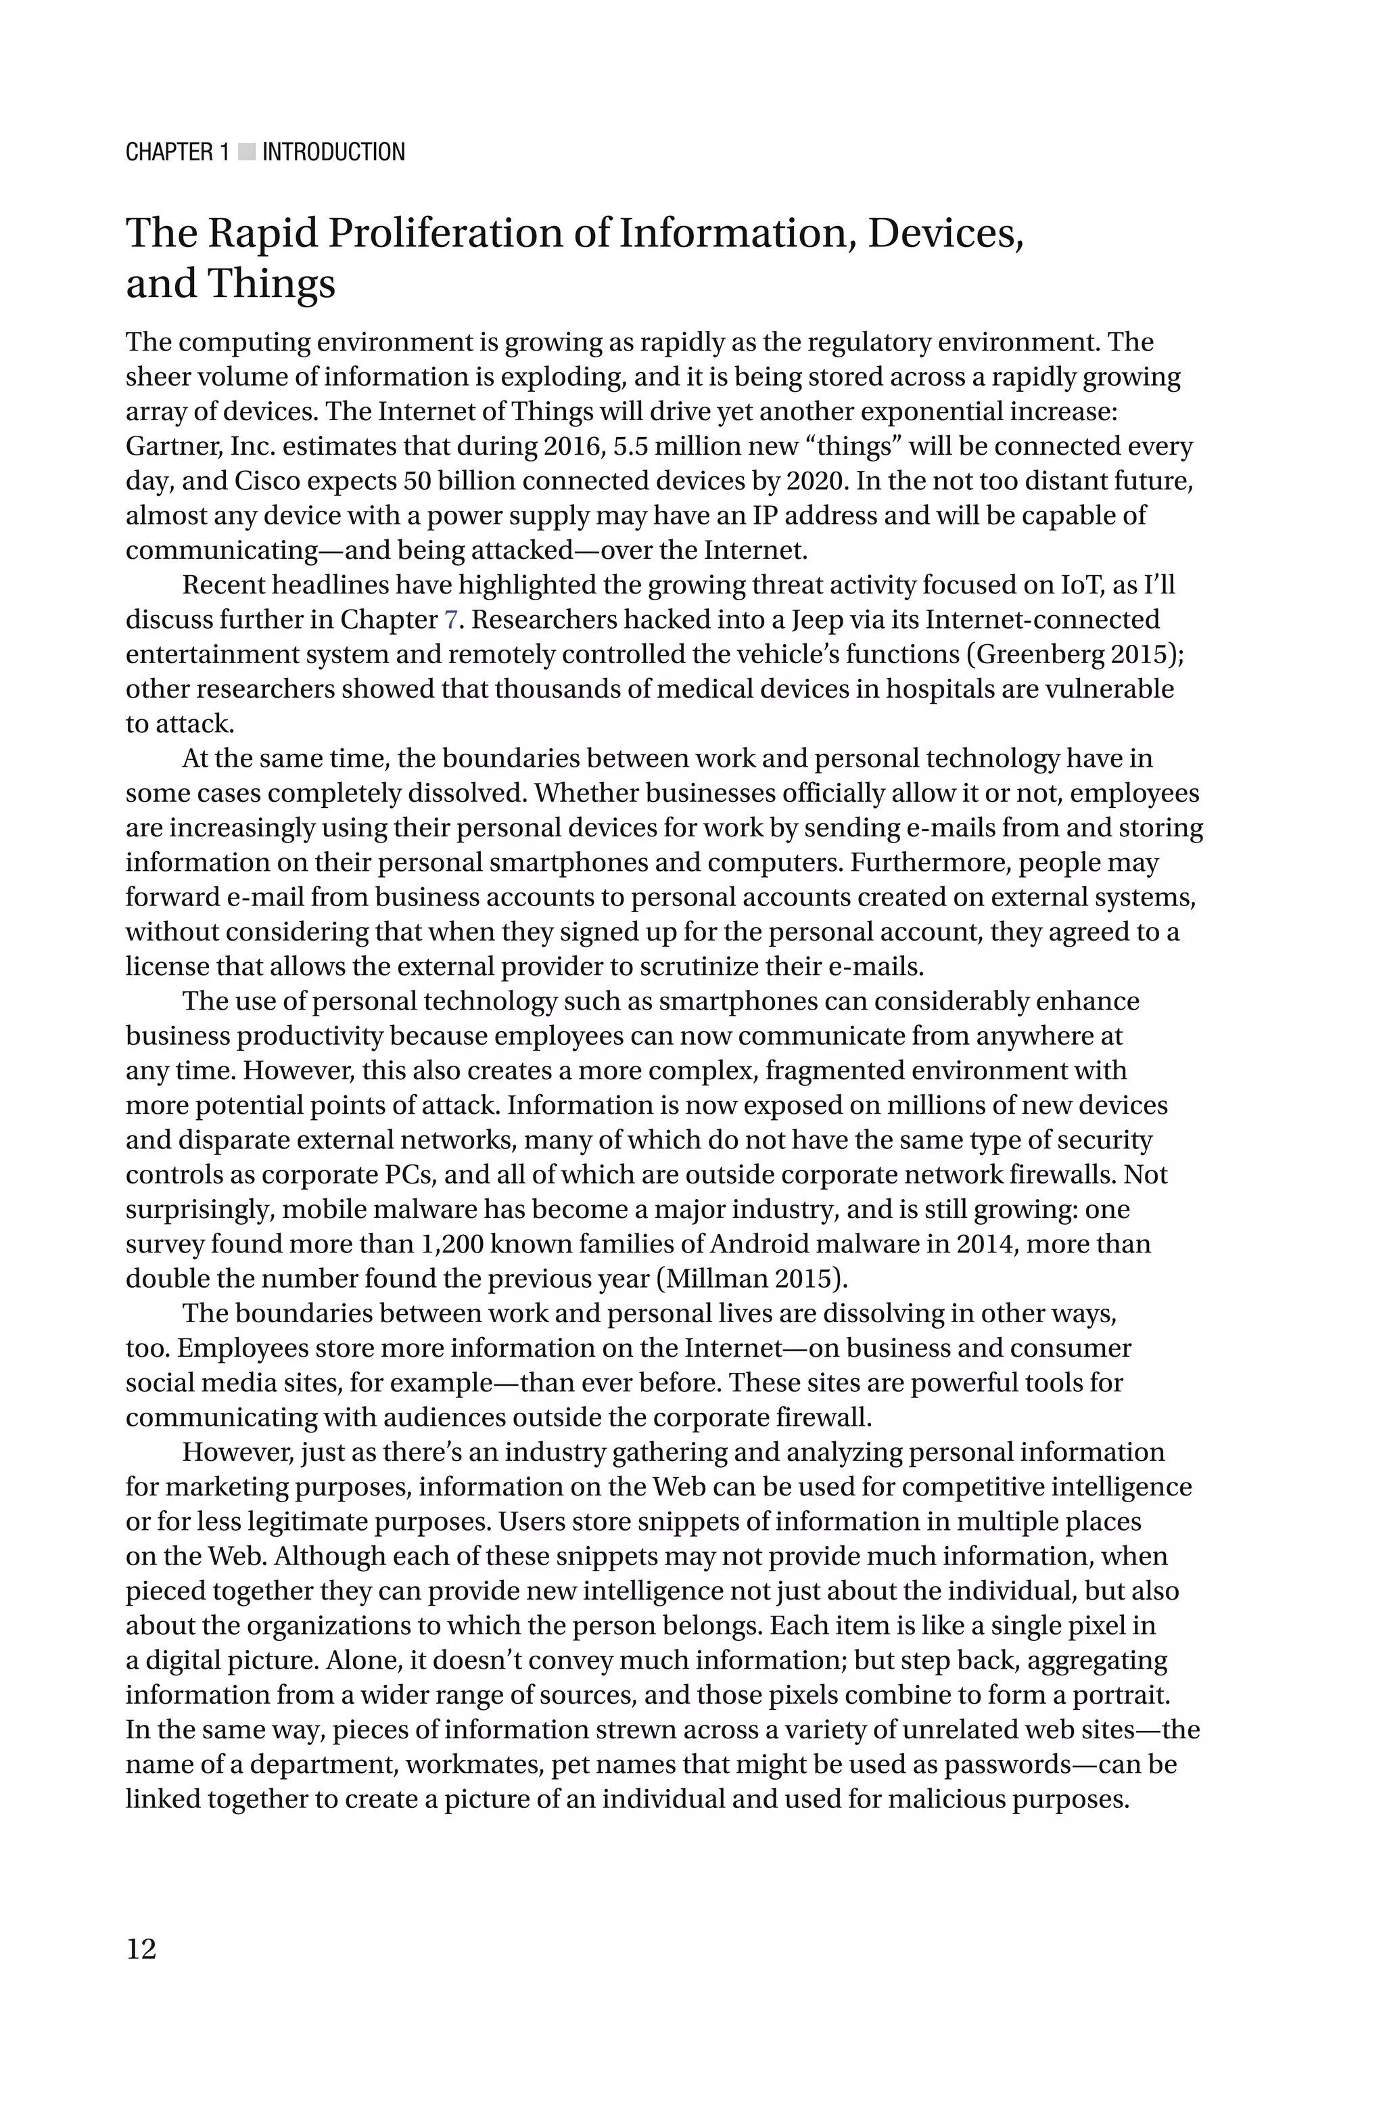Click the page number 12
[141, 1948]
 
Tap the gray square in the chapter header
[246, 152]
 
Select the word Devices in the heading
[944, 233]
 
